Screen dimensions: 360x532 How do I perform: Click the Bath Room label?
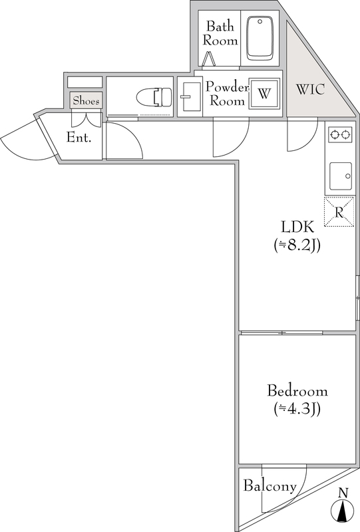click(220, 33)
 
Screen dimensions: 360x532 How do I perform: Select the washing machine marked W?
click(264, 93)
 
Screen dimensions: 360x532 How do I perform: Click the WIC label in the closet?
click(310, 89)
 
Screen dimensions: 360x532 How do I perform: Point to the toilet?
click(154, 97)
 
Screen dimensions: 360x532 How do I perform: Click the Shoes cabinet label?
click(87, 100)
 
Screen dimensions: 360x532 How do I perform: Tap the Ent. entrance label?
click(79, 138)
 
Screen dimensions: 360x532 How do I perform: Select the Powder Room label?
click(227, 94)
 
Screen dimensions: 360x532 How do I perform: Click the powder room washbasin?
click(190, 96)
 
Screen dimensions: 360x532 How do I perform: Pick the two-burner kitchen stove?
click(340, 135)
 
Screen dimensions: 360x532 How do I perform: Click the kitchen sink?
click(341, 176)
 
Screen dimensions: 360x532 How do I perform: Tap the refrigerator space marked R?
click(339, 211)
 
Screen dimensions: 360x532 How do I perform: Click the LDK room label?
click(297, 227)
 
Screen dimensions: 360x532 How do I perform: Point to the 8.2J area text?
click(297, 245)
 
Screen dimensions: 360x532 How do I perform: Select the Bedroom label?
click(297, 391)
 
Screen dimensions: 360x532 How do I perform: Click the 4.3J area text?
click(297, 409)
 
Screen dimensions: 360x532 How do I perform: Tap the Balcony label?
click(270, 486)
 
